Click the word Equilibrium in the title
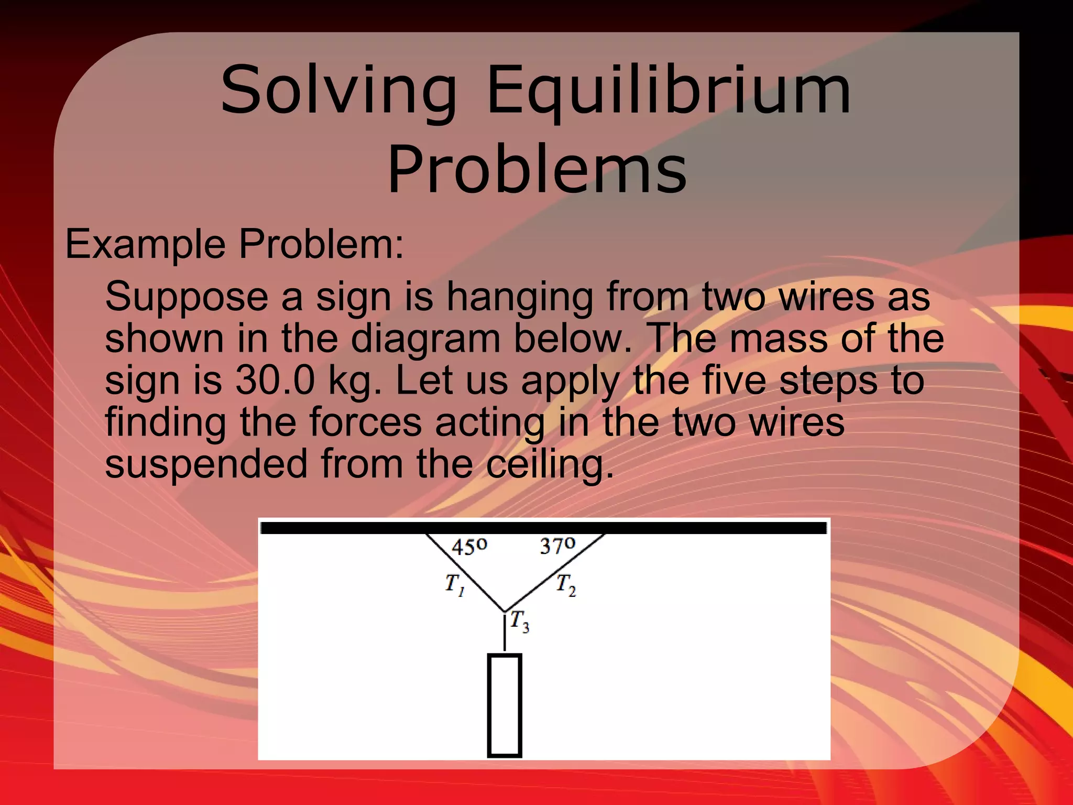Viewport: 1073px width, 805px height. [669, 90]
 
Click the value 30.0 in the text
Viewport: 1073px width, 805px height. [275, 380]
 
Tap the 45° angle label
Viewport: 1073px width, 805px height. [469, 547]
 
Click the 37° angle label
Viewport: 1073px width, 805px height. [557, 546]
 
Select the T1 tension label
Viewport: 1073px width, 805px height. [454, 584]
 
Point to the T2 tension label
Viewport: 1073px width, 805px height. [566, 584]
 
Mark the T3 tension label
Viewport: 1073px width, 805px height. [520, 621]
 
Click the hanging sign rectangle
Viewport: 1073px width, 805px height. [504, 705]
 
